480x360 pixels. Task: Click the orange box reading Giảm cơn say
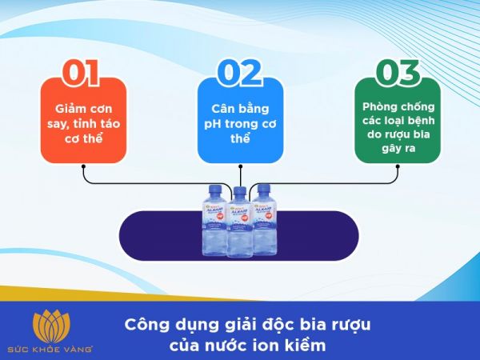click(83, 121)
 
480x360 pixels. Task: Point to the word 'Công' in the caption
click(145, 326)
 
